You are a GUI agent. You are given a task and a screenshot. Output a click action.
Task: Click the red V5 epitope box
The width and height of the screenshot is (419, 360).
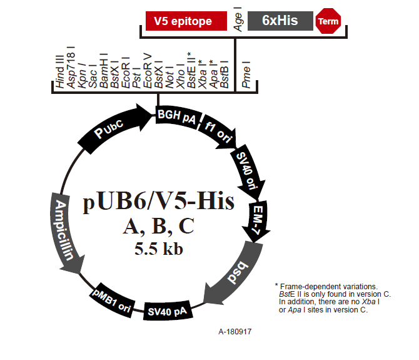186,21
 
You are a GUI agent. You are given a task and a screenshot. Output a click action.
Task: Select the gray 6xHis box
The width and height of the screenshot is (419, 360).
280,21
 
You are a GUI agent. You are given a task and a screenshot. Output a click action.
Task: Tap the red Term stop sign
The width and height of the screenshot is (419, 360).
328,21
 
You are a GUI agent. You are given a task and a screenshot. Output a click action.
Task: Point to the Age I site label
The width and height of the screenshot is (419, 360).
238,19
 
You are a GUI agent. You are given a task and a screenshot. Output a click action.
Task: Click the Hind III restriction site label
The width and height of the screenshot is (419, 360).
59,71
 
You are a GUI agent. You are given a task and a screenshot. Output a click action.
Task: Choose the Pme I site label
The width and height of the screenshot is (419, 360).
246,75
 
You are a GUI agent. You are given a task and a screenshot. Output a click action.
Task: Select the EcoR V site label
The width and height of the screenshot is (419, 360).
147,71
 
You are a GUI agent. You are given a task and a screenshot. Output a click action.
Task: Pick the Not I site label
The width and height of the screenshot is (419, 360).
169,77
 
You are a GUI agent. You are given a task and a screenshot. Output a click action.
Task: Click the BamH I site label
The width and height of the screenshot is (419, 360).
103,71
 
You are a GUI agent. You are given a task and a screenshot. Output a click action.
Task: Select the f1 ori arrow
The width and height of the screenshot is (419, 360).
218,132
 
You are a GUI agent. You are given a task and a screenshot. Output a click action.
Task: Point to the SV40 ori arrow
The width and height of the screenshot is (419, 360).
248,172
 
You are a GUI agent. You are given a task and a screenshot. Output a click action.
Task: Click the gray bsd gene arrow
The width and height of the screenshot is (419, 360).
235,273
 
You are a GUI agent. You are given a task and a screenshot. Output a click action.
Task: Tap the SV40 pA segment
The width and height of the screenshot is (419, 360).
168,311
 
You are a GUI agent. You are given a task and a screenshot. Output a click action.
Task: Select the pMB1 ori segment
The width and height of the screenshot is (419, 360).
112,301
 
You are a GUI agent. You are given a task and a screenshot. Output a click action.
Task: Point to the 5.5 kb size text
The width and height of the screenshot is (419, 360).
159,249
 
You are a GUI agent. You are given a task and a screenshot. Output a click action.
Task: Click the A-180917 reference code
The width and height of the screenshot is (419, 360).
235,332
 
